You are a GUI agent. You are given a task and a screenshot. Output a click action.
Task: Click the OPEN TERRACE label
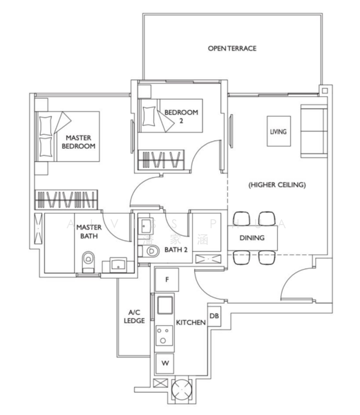pos(232,48)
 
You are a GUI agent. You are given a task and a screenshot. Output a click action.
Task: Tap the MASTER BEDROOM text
pos(78,142)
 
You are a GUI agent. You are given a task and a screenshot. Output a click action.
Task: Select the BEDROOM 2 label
pos(181,116)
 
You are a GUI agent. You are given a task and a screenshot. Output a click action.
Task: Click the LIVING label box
pos(278,130)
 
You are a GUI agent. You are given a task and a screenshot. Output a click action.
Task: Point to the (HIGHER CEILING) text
pos(276,185)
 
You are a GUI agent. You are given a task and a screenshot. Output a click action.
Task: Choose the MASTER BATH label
pos(89,231)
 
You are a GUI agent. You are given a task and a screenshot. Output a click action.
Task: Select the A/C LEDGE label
pos(133,316)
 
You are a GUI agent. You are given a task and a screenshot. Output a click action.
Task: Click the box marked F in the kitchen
pos(166,279)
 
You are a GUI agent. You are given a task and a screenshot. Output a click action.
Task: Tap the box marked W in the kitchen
pos(165,362)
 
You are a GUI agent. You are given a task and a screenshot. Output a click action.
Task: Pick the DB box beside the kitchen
pos(214,316)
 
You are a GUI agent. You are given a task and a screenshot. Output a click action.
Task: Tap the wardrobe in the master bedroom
pos(66,200)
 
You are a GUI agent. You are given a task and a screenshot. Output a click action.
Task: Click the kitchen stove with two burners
pos(165,337)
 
